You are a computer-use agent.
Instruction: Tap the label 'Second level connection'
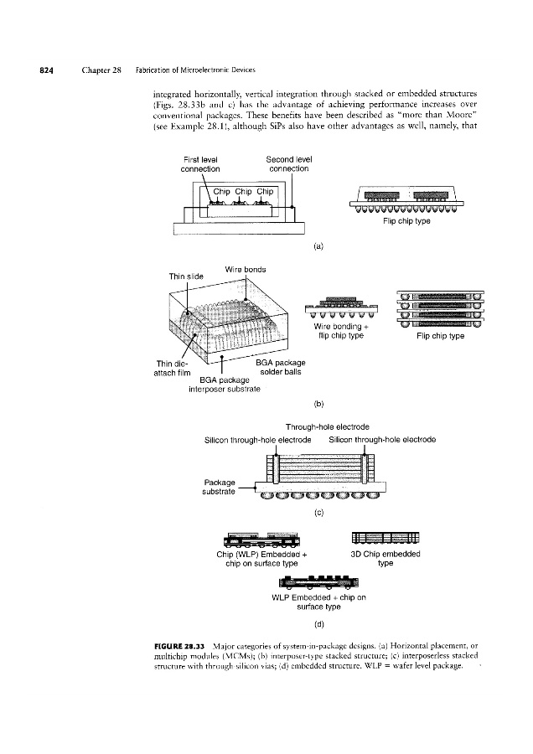[x=288, y=163]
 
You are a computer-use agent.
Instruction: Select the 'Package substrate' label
[x=222, y=487]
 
